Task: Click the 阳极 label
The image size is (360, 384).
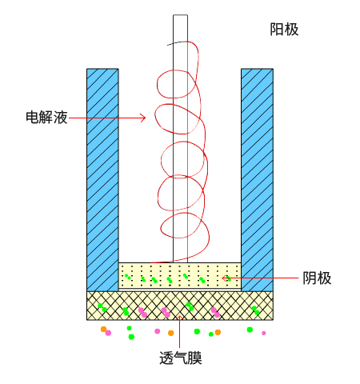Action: click(284, 30)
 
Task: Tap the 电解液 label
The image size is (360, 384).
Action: click(46, 118)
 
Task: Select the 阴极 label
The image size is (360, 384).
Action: click(317, 278)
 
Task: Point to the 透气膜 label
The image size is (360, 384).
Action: click(181, 358)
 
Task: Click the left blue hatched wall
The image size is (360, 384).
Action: click(102, 180)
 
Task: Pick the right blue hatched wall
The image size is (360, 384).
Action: click(257, 180)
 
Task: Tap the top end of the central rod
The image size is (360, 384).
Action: click(180, 15)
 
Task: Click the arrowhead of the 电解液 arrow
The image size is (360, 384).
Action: click(144, 118)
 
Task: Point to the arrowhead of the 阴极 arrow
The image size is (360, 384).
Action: click(224, 278)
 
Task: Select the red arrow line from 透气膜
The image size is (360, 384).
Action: click(180, 331)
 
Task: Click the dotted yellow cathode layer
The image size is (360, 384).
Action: click(180, 275)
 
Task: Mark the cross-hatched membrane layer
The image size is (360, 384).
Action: click(180, 306)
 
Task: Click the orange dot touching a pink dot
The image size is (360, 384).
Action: click(104, 330)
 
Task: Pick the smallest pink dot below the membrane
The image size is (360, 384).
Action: click(264, 333)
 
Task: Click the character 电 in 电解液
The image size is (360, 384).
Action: click(33, 118)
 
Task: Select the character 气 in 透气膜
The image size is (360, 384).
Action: click(181, 358)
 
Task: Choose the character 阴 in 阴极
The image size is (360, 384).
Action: click(310, 278)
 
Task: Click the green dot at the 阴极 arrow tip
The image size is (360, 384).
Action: click(229, 279)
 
